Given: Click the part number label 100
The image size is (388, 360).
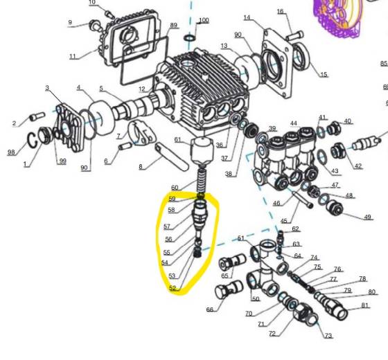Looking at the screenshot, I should coord(203,20).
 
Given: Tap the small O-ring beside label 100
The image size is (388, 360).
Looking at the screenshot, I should coord(190,35).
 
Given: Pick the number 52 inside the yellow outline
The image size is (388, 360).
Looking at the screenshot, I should coord(173,289).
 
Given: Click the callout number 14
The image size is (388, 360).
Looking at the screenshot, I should coord(247,17).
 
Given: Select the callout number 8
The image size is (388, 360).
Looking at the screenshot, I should coord(141,167).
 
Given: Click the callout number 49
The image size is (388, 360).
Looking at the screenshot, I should coord(367,217).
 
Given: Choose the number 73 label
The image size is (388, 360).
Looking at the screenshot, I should coord(328,336).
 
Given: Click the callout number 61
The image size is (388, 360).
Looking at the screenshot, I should coord(177,140).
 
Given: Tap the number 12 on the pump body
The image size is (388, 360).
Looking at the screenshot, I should coord(141,89).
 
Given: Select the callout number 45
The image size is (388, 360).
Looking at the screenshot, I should coord(283,221).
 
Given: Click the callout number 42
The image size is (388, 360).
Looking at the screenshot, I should coord(358,166).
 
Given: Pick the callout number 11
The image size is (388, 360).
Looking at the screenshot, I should coord(73,55).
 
